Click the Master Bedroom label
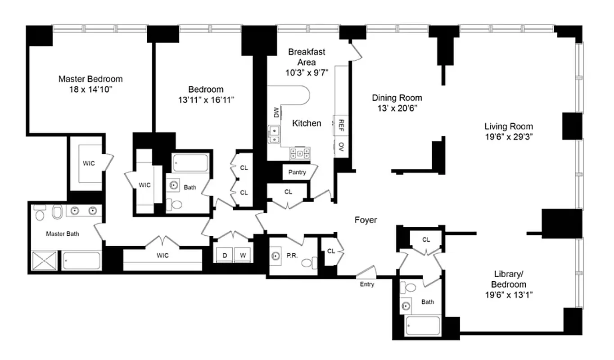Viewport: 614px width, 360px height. [x=90, y=79]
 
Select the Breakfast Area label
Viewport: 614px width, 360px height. [x=307, y=57]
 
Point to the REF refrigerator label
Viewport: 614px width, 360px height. [x=341, y=124]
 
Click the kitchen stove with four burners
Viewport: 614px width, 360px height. [x=300, y=153]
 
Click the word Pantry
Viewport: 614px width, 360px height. [x=297, y=172]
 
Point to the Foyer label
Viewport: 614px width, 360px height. [x=366, y=220]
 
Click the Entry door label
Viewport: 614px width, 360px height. [x=367, y=284]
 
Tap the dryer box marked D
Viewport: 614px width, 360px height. [x=224, y=256]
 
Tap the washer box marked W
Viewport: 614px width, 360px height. [x=243, y=256]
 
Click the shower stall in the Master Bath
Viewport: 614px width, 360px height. [x=44, y=261]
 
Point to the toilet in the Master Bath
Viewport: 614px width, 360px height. [x=57, y=211]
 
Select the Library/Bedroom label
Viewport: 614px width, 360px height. [x=509, y=279]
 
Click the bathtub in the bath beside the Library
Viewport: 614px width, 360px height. [x=422, y=325]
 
